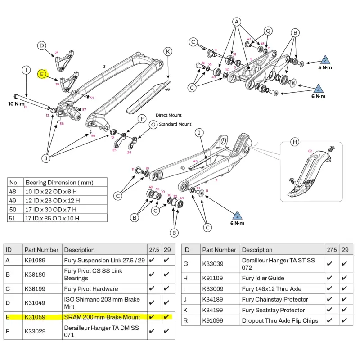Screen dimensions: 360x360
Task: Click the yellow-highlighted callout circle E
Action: tap(41, 74)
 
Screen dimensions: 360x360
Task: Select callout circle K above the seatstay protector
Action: tap(168, 52)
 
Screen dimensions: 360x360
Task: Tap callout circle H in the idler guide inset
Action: tap(295, 142)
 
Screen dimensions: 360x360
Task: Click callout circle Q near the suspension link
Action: tap(268, 31)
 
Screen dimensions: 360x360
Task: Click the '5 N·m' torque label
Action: tap(325, 68)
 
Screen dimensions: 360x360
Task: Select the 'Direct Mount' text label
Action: tap(169, 116)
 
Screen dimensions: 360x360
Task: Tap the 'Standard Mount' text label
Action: tap(175, 124)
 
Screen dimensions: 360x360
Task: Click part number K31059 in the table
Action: tap(35, 317)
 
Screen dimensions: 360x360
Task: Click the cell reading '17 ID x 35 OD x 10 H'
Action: tap(52, 218)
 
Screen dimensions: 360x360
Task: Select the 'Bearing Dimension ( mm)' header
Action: tap(59, 183)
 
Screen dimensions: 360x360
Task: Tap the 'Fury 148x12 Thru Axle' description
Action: tap(271, 288)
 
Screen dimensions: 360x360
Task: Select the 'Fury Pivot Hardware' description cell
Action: tap(91, 288)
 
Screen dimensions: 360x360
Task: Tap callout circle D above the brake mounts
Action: tap(41, 45)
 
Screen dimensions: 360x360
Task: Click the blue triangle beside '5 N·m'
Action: tap(325, 59)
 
